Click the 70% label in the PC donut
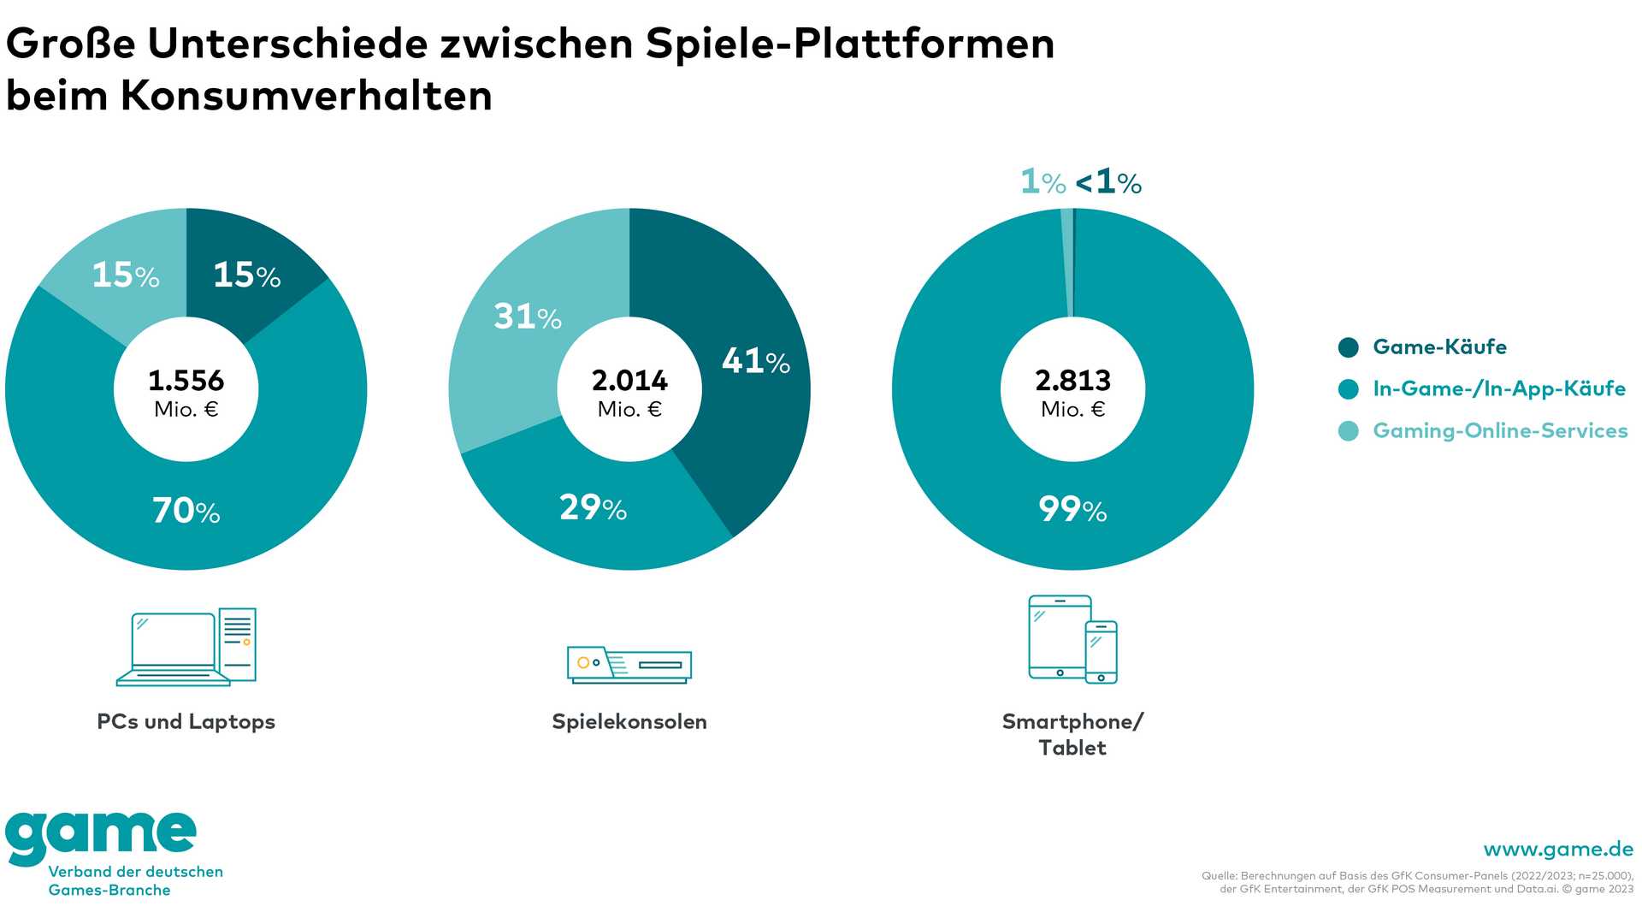(x=186, y=511)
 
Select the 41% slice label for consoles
(x=756, y=361)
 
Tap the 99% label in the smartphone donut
(x=1072, y=510)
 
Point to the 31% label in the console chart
(x=528, y=317)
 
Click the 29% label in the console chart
(x=593, y=508)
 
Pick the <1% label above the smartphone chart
(x=1108, y=182)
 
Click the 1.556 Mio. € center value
(x=186, y=392)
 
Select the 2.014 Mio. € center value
(x=629, y=392)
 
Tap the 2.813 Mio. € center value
(x=1072, y=392)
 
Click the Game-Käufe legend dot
(x=1348, y=347)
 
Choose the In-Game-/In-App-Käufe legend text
(x=1499, y=388)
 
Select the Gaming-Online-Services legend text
(x=1500, y=430)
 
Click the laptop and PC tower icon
(x=186, y=647)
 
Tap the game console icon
(x=629, y=665)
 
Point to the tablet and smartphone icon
(x=1072, y=639)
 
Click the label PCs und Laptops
(x=186, y=721)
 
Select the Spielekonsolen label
(x=629, y=721)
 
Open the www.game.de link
(x=1558, y=849)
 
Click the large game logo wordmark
(x=101, y=836)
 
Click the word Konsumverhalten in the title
(x=306, y=95)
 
